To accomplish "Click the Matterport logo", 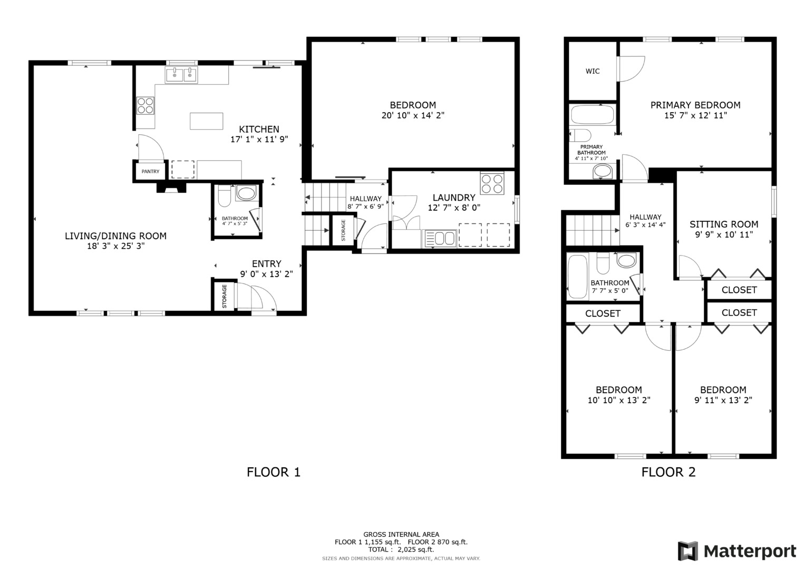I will (x=736, y=551).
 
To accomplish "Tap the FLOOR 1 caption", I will (x=273, y=472).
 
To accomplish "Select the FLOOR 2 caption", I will (x=668, y=472).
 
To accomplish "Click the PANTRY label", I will (x=150, y=171).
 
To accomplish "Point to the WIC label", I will (x=592, y=71).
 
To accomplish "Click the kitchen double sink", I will (x=181, y=75).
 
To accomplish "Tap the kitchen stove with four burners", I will (x=146, y=106).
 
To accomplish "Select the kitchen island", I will (x=206, y=121).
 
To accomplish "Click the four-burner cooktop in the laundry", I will (x=492, y=183).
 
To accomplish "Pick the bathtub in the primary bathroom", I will (x=593, y=114).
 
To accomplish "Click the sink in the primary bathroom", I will (x=603, y=171).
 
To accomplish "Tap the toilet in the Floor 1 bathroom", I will (x=224, y=195).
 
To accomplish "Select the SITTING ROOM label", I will (x=723, y=224).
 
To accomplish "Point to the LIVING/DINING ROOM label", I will (x=115, y=236).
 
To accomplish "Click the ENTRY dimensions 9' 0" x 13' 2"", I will (x=266, y=274).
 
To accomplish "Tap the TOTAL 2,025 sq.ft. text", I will (x=401, y=550).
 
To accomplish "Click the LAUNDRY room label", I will (x=453, y=198).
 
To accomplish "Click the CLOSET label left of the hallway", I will (x=603, y=313).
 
